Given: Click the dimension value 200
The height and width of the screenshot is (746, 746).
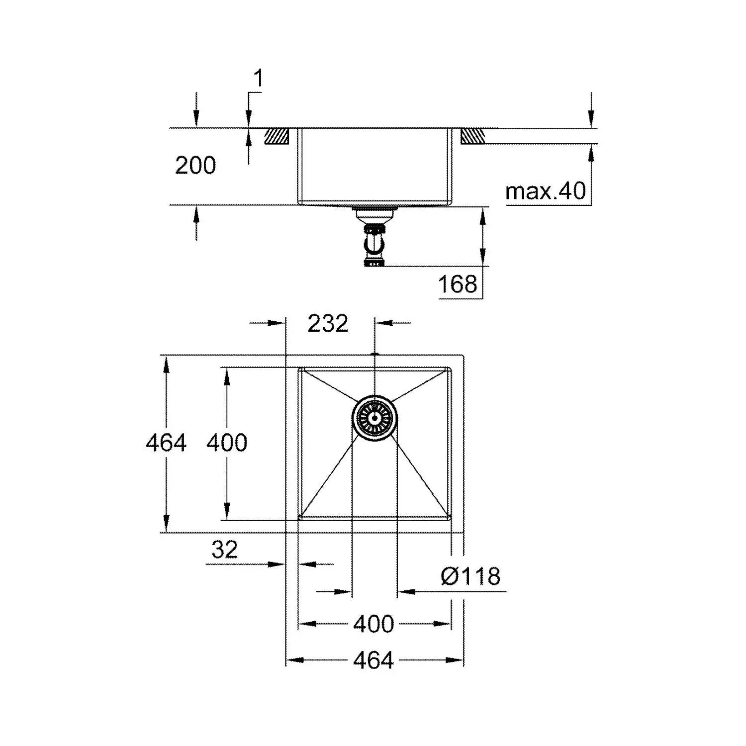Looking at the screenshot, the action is coord(195,165).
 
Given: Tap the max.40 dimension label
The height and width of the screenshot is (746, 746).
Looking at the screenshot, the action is coord(546,191).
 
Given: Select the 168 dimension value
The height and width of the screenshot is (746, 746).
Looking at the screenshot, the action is coord(458,284).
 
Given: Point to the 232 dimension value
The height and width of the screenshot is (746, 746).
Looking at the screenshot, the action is coord(328,324).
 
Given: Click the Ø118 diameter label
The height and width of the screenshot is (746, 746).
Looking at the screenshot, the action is coord(470,576).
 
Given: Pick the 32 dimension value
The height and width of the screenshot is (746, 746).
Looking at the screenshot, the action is coord(224,550).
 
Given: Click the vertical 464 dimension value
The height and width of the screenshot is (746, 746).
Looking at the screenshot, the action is coord(166,443).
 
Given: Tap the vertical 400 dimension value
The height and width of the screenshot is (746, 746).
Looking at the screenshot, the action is coord(227,443).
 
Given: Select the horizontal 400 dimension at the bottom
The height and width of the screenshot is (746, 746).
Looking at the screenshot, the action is coord(373,624).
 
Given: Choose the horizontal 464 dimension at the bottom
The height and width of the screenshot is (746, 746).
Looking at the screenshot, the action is coord(373,660).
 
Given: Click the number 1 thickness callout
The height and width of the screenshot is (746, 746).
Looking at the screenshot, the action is coord(258,79).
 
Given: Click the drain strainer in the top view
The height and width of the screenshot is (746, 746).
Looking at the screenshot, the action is coord(375,417).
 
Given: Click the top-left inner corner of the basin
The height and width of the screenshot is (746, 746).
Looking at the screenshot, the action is coord(299,369).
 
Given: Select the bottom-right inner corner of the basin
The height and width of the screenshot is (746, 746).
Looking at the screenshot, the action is coord(451,519).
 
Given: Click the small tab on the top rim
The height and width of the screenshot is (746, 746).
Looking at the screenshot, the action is coord(375,354).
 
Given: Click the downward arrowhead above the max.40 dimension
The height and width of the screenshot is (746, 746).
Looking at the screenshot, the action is coord(591,119).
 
